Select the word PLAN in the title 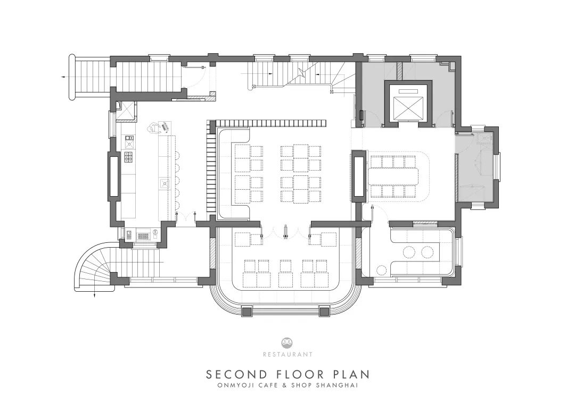pos(351,375)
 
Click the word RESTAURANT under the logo pos(287,354)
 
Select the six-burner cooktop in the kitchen pos(129,157)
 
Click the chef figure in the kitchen pos(154,128)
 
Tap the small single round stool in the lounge pos(382,270)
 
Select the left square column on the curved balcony pos(247,311)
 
